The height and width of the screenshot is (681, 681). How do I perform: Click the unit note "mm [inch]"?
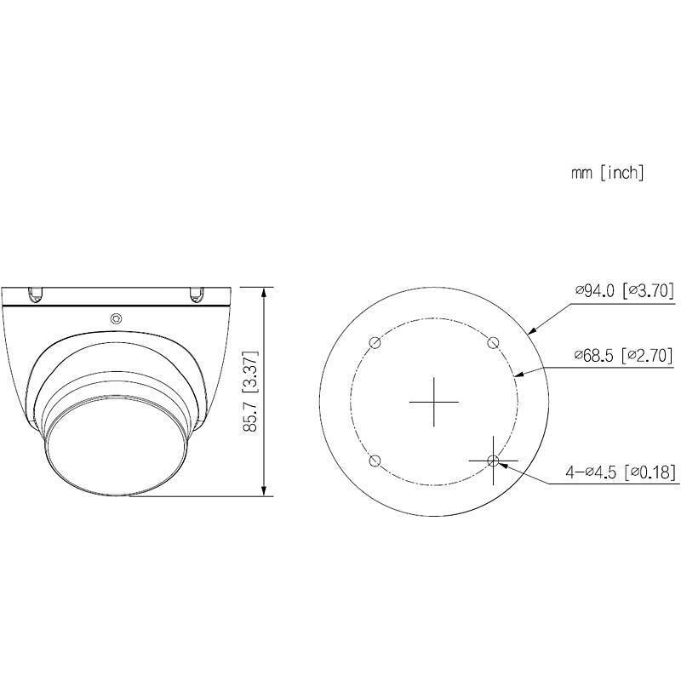(x=607, y=173)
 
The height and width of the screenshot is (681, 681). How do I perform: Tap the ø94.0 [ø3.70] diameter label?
(x=624, y=291)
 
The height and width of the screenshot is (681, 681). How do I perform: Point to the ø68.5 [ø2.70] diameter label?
(x=624, y=354)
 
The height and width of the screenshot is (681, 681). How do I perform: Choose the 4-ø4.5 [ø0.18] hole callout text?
(x=620, y=472)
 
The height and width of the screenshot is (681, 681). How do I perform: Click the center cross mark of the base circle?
(x=434, y=401)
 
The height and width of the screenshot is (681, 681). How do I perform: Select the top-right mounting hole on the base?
(x=493, y=342)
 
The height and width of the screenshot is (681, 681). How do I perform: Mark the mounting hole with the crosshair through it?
(x=493, y=461)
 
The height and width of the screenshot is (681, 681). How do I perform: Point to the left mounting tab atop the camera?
(x=36, y=295)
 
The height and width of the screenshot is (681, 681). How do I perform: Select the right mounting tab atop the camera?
(x=197, y=295)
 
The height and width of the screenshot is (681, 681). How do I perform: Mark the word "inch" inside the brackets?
(x=623, y=173)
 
